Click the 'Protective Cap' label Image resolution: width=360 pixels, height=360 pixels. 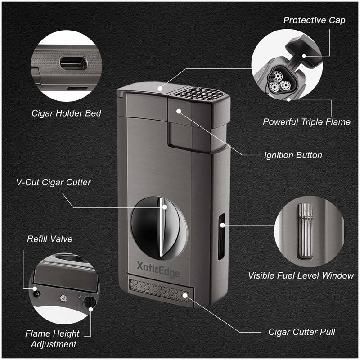click(314, 20)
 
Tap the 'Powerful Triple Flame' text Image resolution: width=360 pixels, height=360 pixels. click(306, 122)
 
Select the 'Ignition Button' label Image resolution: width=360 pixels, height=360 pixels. click(292, 155)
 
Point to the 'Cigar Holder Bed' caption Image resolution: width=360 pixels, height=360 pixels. click(66, 113)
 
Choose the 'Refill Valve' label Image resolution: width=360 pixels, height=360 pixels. click(49, 239)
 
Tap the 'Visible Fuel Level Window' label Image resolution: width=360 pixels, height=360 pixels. click(301, 275)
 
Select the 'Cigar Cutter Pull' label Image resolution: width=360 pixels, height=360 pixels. click(301, 333)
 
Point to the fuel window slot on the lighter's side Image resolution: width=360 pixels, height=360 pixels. click(221, 238)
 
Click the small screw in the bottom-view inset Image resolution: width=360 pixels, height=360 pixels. click(64, 297)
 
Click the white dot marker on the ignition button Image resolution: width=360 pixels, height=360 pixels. click(179, 111)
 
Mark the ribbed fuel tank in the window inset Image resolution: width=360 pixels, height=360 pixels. click(306, 229)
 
